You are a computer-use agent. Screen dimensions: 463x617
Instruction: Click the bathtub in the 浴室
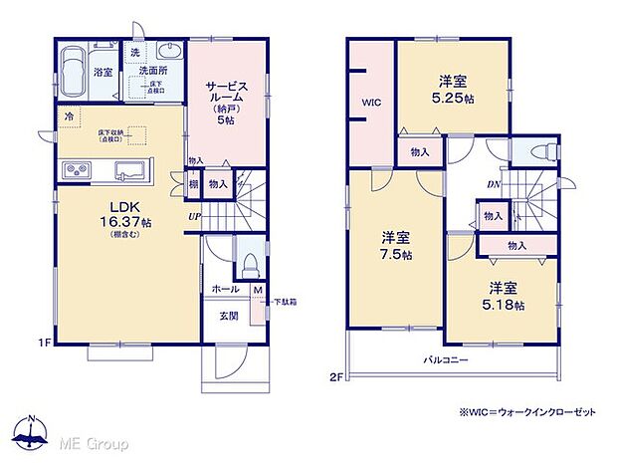coord(73,72)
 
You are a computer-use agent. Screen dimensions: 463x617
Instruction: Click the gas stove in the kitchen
coord(76,170)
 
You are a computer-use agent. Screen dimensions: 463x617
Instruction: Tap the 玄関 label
coord(228,318)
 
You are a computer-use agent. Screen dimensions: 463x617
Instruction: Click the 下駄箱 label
coord(285,300)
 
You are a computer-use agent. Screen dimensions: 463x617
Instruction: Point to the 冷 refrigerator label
coord(68,116)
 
